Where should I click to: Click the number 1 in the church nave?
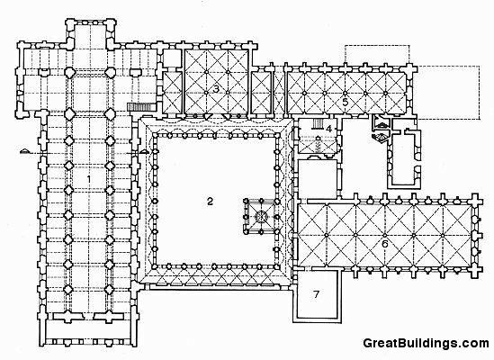point(88,179)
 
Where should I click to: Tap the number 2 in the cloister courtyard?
point(211,201)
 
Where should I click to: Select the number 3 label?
point(216,89)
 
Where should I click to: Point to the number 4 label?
point(329,129)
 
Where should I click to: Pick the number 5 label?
point(346,102)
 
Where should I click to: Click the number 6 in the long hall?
point(384,244)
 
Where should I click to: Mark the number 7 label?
point(317,294)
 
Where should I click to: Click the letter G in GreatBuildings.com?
point(368,343)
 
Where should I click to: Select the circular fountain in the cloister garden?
point(261,216)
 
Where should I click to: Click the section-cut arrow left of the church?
point(26,151)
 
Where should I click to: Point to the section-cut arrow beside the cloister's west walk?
point(144,151)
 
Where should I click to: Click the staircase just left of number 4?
point(318,124)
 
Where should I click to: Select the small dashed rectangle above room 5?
point(377,55)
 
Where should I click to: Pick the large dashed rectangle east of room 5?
point(448,93)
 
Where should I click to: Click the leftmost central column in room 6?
point(327,235)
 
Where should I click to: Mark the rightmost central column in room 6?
point(443,235)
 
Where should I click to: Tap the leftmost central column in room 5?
point(305,93)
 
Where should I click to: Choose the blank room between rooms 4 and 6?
point(318,179)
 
